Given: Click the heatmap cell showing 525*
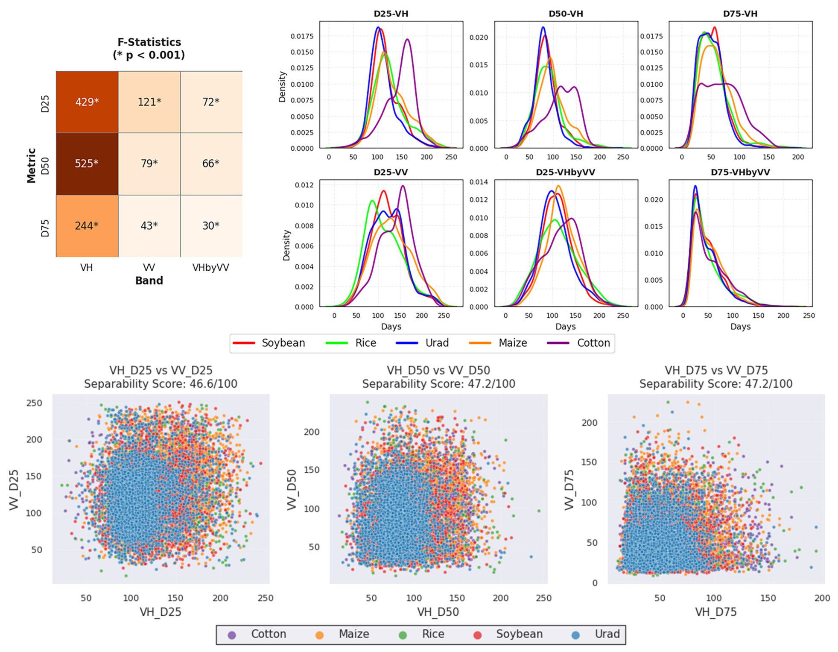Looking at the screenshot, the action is pos(87,164).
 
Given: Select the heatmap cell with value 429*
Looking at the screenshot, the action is pos(87,102).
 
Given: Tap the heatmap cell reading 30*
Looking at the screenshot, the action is pos(211,226).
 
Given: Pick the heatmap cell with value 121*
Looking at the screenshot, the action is pos(149,102).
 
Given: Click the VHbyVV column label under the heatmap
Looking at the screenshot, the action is pos(210,268).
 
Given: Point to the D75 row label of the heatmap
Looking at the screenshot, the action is pos(45,228).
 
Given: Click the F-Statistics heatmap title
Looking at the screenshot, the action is pos(149,48).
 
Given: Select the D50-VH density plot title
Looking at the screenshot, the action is pos(566,14).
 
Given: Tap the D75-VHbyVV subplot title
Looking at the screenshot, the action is pos(740,172).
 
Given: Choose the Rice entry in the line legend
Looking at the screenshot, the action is pos(351,343).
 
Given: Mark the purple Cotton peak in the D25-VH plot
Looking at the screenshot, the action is pos(408,39).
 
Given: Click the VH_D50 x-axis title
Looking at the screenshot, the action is pos(438,612).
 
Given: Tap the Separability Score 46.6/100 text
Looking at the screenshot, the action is pos(161,384).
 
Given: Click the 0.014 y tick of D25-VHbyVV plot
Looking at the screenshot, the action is pos(479,182).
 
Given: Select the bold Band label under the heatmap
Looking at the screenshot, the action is pos(149,281).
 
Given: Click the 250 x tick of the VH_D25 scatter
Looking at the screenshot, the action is pos(266,598).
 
